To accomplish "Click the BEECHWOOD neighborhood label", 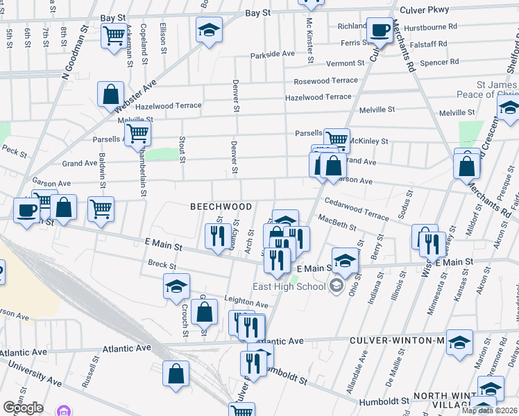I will click(220, 207).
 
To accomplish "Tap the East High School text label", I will click(289, 286).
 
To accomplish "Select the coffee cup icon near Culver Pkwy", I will click(379, 30).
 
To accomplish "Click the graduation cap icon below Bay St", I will click(208, 30).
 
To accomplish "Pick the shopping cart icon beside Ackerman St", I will click(113, 35).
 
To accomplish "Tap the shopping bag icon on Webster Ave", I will click(110, 94).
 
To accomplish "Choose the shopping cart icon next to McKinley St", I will click(337, 139).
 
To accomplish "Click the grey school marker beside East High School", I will click(337, 286).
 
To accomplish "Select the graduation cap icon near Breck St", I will click(176, 286).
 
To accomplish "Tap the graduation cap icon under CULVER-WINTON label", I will click(459, 343).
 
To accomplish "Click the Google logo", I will click(23, 408).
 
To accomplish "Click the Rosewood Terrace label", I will click(325, 80).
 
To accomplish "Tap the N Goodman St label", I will click(68, 52).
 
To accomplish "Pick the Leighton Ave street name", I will click(246, 304).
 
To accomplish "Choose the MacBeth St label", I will click(337, 223).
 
